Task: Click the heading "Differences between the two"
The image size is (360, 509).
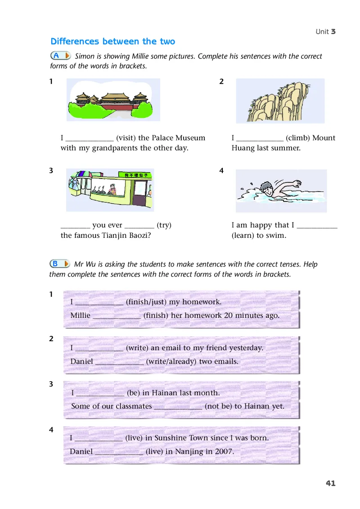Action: (112, 41)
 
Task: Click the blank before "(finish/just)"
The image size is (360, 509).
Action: (99, 302)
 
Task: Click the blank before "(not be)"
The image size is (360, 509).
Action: (178, 406)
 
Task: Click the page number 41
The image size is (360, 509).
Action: (330, 483)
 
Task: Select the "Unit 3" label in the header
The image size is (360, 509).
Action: (325, 31)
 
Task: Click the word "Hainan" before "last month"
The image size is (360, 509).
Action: (165, 393)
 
